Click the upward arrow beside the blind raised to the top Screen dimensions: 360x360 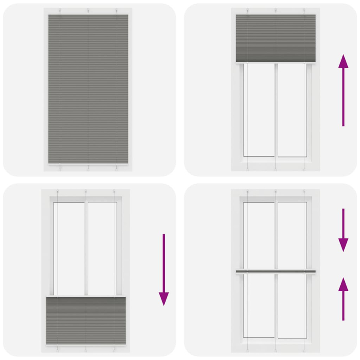pyautogui.click(x=343, y=90)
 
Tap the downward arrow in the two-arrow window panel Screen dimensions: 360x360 pyautogui.click(x=343, y=229)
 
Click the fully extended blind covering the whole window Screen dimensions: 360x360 pyautogui.click(x=88, y=88)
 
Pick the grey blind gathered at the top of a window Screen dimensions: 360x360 pyautogui.click(x=275, y=38)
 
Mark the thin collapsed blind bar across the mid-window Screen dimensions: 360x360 pyautogui.click(x=275, y=272)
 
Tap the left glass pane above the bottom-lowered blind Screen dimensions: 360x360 pyautogui.click(x=69, y=247)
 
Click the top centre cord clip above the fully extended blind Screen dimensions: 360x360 pyautogui.click(x=88, y=10)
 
